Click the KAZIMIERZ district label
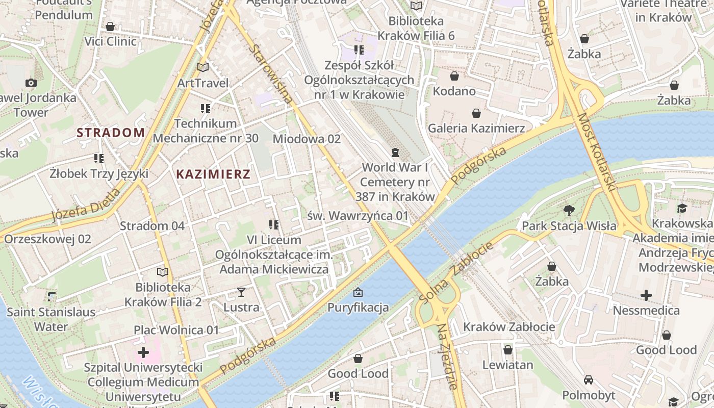213,174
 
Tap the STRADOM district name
111,133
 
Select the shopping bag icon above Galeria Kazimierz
476,113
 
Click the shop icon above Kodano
454,76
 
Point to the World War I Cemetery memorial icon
395,152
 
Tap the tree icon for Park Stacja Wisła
569,210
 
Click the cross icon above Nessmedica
646,295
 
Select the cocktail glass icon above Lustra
241,292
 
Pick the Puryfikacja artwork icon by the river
358,292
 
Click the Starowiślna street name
272,74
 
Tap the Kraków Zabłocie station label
509,327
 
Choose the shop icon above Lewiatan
507,350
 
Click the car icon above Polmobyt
589,380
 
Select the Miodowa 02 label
307,139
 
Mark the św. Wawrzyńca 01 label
358,216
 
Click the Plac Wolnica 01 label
176,330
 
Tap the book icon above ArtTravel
203,67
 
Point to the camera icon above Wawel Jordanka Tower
31,83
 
